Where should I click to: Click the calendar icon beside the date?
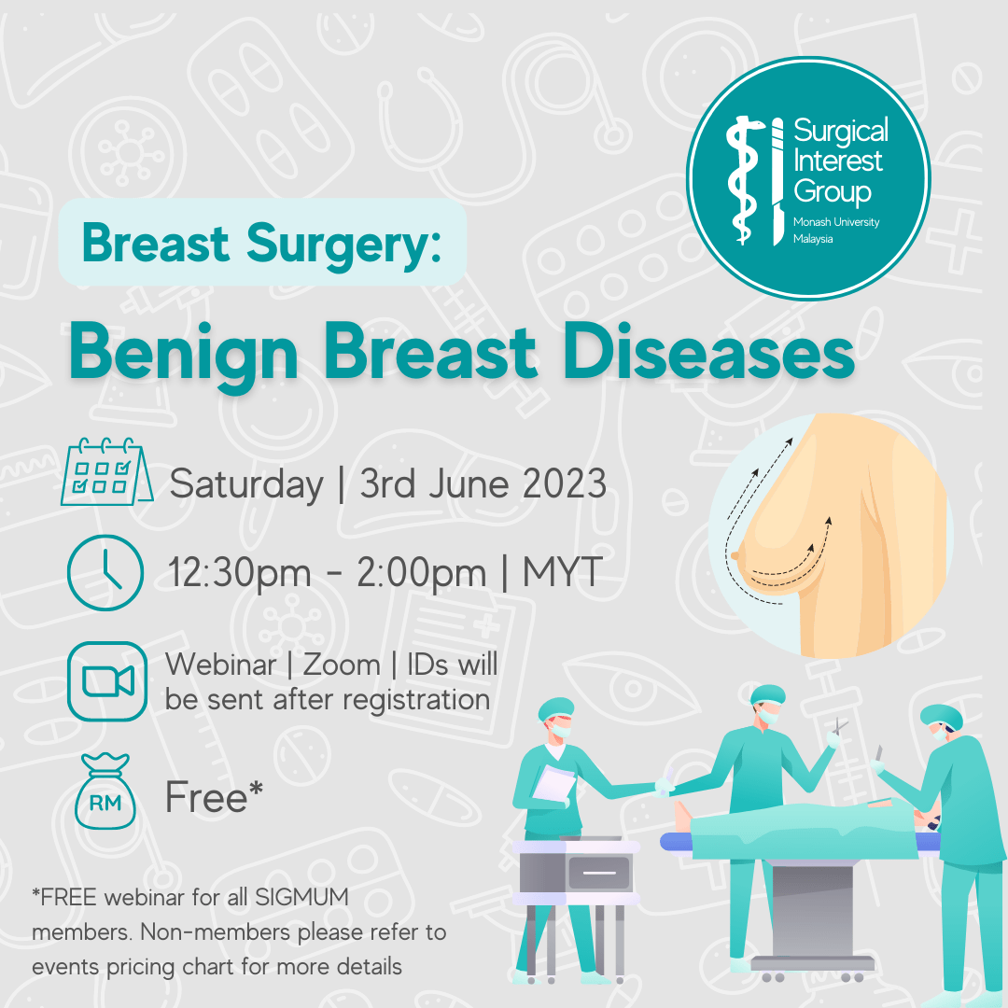pos(106,472)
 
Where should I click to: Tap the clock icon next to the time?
pos(105,572)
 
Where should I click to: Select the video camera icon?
pos(107,681)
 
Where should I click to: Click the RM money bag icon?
pos(105,791)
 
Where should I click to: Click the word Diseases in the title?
pos(708,351)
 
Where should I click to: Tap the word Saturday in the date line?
pos(246,485)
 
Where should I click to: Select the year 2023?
pos(565,483)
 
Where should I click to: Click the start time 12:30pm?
pos(239,573)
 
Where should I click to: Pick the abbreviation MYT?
pos(563,571)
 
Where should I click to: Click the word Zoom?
pos(342,665)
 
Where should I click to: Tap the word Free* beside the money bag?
pos(214,796)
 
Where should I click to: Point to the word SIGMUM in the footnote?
pos(302,897)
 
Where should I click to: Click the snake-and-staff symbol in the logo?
pos(745,180)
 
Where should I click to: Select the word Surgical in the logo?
pos(841,132)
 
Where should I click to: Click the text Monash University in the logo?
pos(836,222)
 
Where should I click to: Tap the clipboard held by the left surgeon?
pos(553,784)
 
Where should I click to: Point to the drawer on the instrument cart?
pos(599,873)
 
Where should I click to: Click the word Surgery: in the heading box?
pos(343,245)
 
